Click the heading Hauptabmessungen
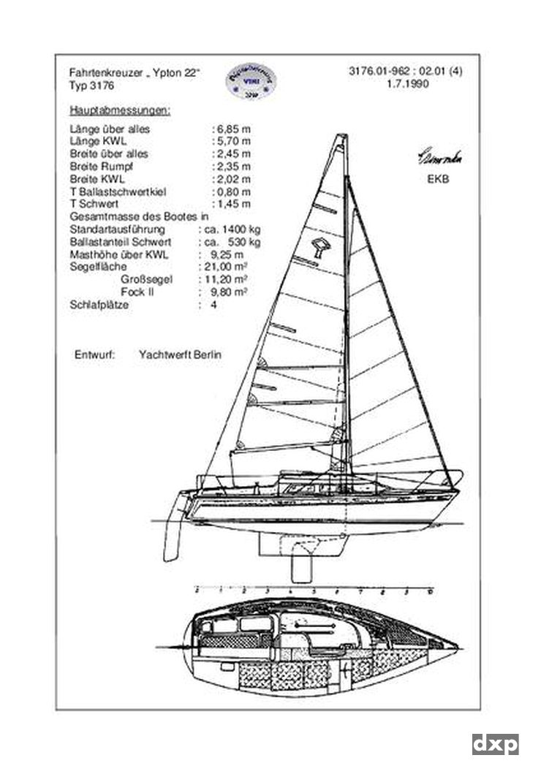point(120,110)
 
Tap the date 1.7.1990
point(407,83)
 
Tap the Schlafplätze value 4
point(213,305)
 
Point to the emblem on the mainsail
point(320,247)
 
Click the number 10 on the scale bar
point(431,589)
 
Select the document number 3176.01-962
point(380,72)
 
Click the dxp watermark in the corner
point(495,744)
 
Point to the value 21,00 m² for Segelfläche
point(225,267)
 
